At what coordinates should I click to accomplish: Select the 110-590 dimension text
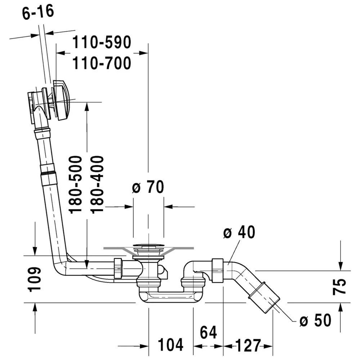102,43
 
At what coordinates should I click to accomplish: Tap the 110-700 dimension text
102,64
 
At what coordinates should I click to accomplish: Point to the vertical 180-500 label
76,184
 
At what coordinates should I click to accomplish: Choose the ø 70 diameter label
148,187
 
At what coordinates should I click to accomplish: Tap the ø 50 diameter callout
315,320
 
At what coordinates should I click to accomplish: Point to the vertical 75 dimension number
341,287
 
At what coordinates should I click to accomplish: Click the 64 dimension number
208,333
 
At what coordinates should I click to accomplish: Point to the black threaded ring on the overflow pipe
49,173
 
